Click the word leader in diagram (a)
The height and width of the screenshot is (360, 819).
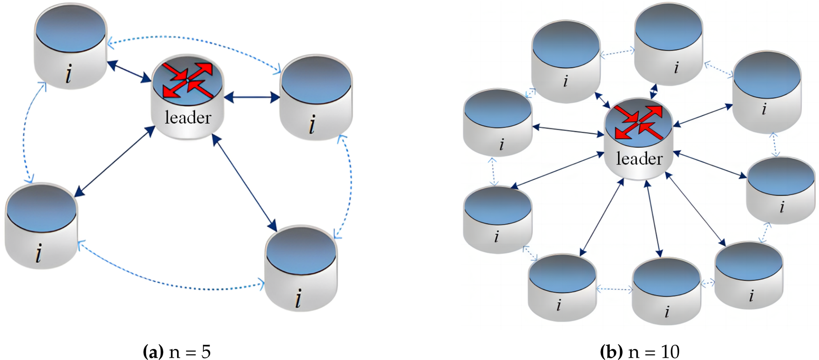point(188,118)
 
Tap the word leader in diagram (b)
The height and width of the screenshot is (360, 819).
point(639,159)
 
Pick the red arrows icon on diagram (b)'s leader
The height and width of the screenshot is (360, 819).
point(639,122)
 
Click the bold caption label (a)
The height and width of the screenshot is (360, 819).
point(153,351)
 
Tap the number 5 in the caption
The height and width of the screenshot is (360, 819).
point(206,351)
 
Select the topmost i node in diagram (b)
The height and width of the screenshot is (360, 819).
point(668,44)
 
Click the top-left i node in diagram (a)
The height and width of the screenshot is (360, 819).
point(71,46)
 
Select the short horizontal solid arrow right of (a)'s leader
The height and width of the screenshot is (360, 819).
point(252,97)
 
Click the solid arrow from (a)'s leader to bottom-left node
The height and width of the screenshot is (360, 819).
point(115,162)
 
